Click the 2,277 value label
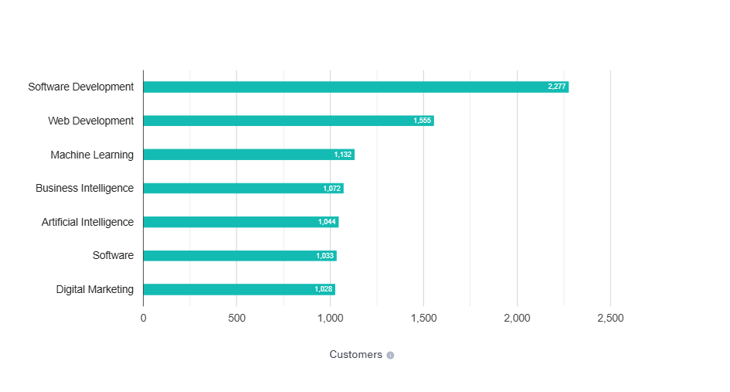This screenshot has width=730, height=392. (x=557, y=87)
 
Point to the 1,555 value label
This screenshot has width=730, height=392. (x=423, y=121)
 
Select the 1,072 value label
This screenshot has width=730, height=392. (x=332, y=189)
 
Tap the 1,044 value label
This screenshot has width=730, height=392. (x=327, y=222)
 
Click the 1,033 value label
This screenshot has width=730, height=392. (x=325, y=256)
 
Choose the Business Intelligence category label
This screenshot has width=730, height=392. (x=84, y=188)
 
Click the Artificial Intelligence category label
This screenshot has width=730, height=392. (x=87, y=222)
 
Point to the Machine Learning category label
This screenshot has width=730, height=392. (x=92, y=155)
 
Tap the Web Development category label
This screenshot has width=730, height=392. (x=90, y=121)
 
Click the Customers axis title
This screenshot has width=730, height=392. (x=355, y=355)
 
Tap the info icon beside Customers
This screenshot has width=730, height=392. (x=390, y=356)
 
